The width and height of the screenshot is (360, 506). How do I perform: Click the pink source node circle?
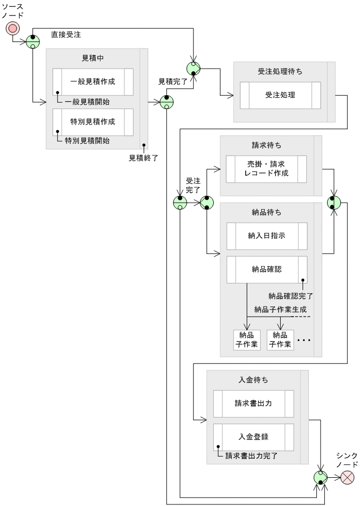point(12,28)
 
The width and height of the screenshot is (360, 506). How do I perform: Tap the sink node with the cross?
point(346,477)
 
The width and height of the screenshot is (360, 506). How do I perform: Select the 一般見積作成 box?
point(93,81)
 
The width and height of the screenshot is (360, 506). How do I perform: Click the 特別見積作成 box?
point(93,122)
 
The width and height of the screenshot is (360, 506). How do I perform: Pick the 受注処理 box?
point(280,95)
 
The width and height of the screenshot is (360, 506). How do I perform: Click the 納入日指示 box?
point(266,236)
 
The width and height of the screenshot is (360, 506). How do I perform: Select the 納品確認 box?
point(266,269)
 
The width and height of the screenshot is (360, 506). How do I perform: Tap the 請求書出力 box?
point(253,403)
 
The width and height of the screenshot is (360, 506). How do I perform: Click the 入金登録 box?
point(253,437)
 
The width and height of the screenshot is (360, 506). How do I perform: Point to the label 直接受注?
point(66,35)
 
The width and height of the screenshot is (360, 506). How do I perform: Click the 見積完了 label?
point(173,82)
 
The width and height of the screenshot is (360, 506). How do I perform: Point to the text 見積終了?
point(144,157)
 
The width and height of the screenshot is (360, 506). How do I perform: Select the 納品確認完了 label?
point(291,296)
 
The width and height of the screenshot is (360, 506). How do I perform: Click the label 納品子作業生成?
point(280,309)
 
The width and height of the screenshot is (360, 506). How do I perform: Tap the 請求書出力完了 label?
point(251,456)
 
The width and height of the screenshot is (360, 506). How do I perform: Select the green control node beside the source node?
point(33,42)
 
